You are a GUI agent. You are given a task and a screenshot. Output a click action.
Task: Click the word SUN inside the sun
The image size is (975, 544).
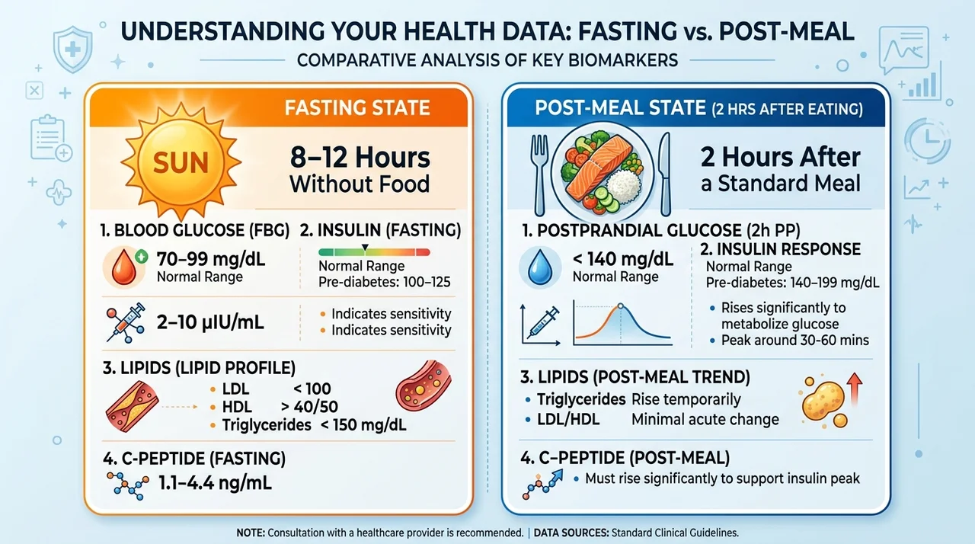coord(181,163)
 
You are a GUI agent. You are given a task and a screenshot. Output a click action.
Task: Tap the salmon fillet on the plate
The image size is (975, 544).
coord(599,166)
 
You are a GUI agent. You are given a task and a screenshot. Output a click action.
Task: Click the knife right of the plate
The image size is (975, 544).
coord(665,174)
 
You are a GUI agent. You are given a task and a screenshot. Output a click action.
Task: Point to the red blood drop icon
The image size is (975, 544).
coord(124,267)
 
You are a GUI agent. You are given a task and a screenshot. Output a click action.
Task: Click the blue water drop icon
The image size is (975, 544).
coord(540,267)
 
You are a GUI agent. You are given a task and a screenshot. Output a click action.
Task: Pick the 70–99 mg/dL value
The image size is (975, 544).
coord(211,259)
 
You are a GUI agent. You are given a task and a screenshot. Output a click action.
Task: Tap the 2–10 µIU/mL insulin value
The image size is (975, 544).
coord(210,322)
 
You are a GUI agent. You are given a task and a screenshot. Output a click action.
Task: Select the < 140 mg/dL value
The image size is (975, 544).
coord(623,259)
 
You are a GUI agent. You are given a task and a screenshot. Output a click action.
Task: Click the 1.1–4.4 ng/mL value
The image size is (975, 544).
coord(215,482)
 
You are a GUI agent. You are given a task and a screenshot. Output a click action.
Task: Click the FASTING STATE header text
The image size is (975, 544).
coord(357,107)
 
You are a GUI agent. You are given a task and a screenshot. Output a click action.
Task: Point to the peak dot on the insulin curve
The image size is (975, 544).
coord(620,306)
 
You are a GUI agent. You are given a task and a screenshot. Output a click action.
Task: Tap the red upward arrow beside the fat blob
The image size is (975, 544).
coord(855,389)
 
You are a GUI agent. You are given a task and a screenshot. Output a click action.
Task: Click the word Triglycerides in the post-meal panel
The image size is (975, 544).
coord(581,399)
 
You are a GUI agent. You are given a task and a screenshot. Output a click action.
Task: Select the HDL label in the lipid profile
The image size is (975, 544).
coord(237,407)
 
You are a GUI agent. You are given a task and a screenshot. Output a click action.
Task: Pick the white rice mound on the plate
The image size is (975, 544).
coord(624,185)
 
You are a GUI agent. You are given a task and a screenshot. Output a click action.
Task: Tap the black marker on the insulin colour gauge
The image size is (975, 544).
coord(365,248)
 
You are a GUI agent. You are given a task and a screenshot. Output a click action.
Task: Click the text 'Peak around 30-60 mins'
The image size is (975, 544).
coord(794,340)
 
